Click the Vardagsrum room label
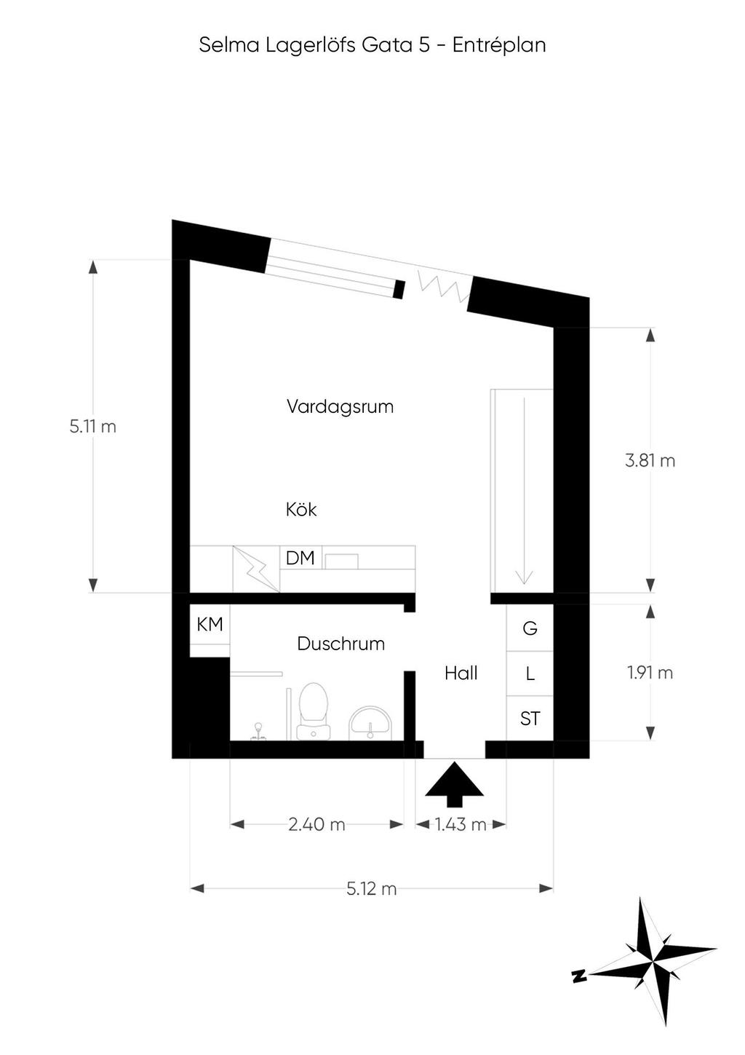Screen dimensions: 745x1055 coord(340,406)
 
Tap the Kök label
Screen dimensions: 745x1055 coord(301,509)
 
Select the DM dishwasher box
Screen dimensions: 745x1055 coord(300,558)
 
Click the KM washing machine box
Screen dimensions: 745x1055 coord(210,625)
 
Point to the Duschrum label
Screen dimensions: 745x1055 coord(340,644)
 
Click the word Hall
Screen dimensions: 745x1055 coord(461,673)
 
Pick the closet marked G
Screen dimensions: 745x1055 coord(530,628)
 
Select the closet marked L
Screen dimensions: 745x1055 coord(530,673)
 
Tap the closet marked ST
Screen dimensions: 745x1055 coord(530,718)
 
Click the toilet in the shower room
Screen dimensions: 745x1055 coord(314,711)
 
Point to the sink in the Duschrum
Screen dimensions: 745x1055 coord(370,723)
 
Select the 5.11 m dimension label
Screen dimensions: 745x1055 coord(92,427)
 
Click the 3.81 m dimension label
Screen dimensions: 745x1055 coord(650,460)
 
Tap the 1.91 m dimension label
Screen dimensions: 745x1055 coord(650,673)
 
